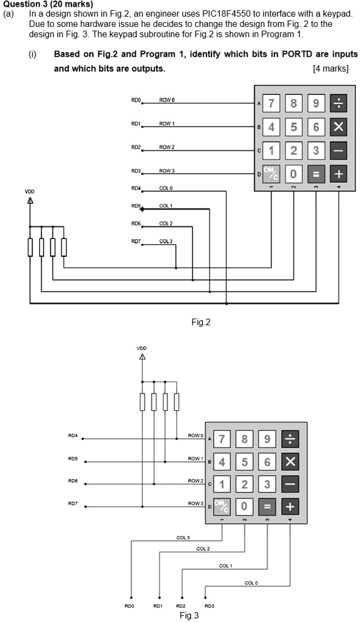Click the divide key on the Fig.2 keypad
tap(339, 103)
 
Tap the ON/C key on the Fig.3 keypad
tap(222, 506)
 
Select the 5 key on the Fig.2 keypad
tap(293, 127)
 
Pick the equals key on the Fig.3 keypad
tap(268, 506)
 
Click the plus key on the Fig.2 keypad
tap(339, 174)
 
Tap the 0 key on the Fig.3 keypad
tap(244, 506)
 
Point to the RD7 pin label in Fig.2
tap(136, 241)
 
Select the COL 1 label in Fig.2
tap(166, 206)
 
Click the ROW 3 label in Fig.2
tap(167, 171)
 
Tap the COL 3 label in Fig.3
tap(183, 537)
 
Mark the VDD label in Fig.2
tap(30, 191)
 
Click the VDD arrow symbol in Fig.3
tap(142, 357)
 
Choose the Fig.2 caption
tap(200, 322)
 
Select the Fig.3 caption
tap(189, 616)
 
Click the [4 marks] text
tap(331, 68)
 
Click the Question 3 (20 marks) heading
tap(48, 5)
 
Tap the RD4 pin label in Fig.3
tap(73, 436)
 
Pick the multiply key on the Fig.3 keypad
tap(290, 462)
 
